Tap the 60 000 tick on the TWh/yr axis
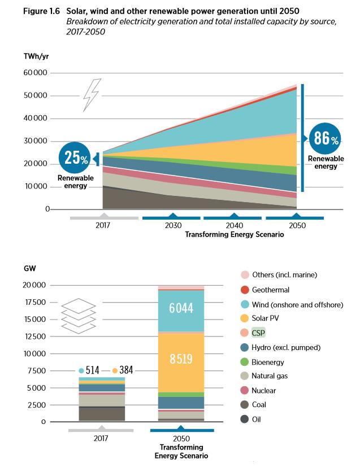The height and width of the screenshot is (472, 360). (36, 73)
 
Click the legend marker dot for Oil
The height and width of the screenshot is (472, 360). (245, 419)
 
